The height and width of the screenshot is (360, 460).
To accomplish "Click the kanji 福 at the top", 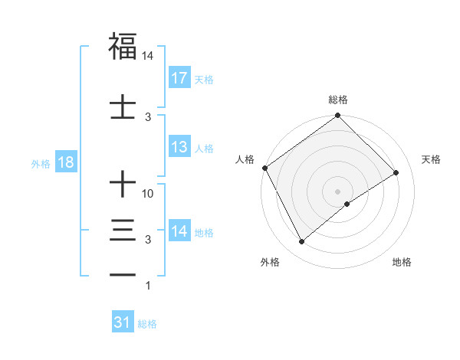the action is coord(123,45).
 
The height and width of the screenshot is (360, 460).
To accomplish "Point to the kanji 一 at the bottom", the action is coord(123,274).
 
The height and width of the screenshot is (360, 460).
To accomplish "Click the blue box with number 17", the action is coord(179,78).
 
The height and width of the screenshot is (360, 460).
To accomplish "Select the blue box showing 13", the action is coord(179,148).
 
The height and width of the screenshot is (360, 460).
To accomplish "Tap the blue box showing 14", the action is coord(179,231).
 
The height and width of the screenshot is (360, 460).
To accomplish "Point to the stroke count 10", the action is coord(148,194).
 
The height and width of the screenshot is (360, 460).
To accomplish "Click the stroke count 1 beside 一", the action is coord(148,286).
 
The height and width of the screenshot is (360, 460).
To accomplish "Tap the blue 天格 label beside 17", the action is coord(204,80).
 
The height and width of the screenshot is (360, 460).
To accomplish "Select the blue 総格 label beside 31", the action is coord(147,324).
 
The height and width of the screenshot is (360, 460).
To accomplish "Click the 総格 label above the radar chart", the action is coord(337,100).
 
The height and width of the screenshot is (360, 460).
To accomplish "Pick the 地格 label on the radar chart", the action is coord(402,262).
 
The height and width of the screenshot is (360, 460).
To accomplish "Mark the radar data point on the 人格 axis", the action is coord(264,168).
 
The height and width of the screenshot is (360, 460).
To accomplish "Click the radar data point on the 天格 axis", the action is coord(396,173).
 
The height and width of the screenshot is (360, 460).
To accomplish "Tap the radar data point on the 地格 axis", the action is coord(347,204).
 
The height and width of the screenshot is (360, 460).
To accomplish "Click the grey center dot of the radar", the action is coord(337,191).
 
